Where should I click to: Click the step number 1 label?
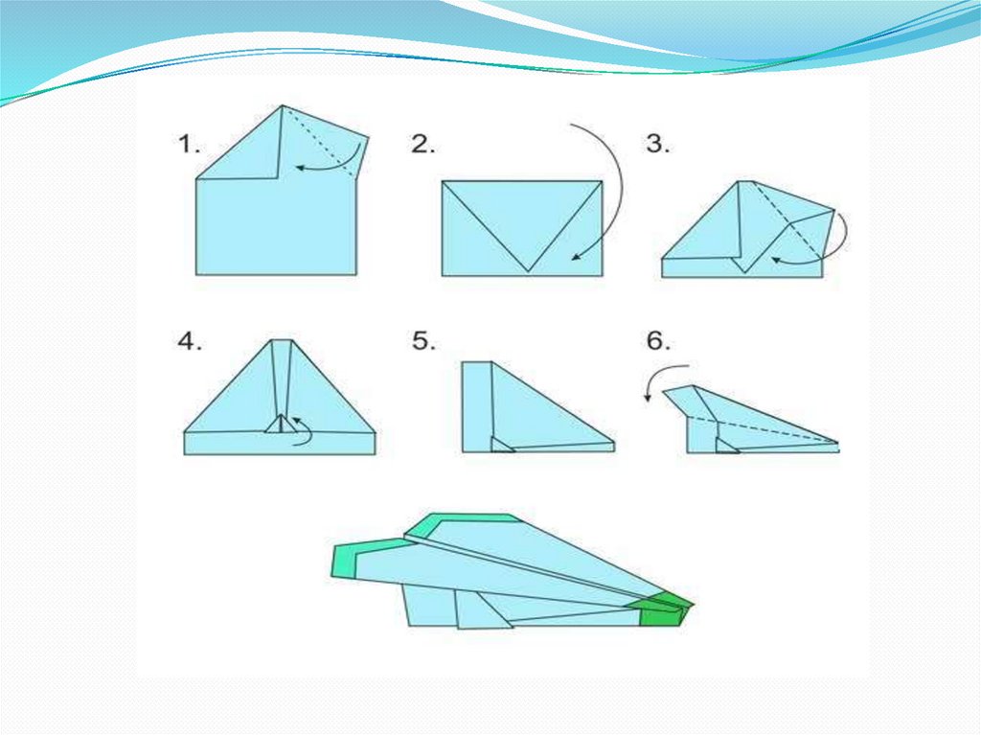pyautogui.click(x=189, y=145)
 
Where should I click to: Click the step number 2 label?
pyautogui.click(x=422, y=145)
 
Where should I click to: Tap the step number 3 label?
pyautogui.click(x=657, y=145)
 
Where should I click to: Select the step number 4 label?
pyautogui.click(x=190, y=342)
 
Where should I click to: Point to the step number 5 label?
pyautogui.click(x=423, y=342)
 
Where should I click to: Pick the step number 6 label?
pyautogui.click(x=658, y=342)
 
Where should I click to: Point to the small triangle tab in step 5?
pyautogui.click(x=500, y=445)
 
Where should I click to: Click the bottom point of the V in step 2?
pyautogui.click(x=528, y=272)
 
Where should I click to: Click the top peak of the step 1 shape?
pyautogui.click(x=283, y=105)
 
